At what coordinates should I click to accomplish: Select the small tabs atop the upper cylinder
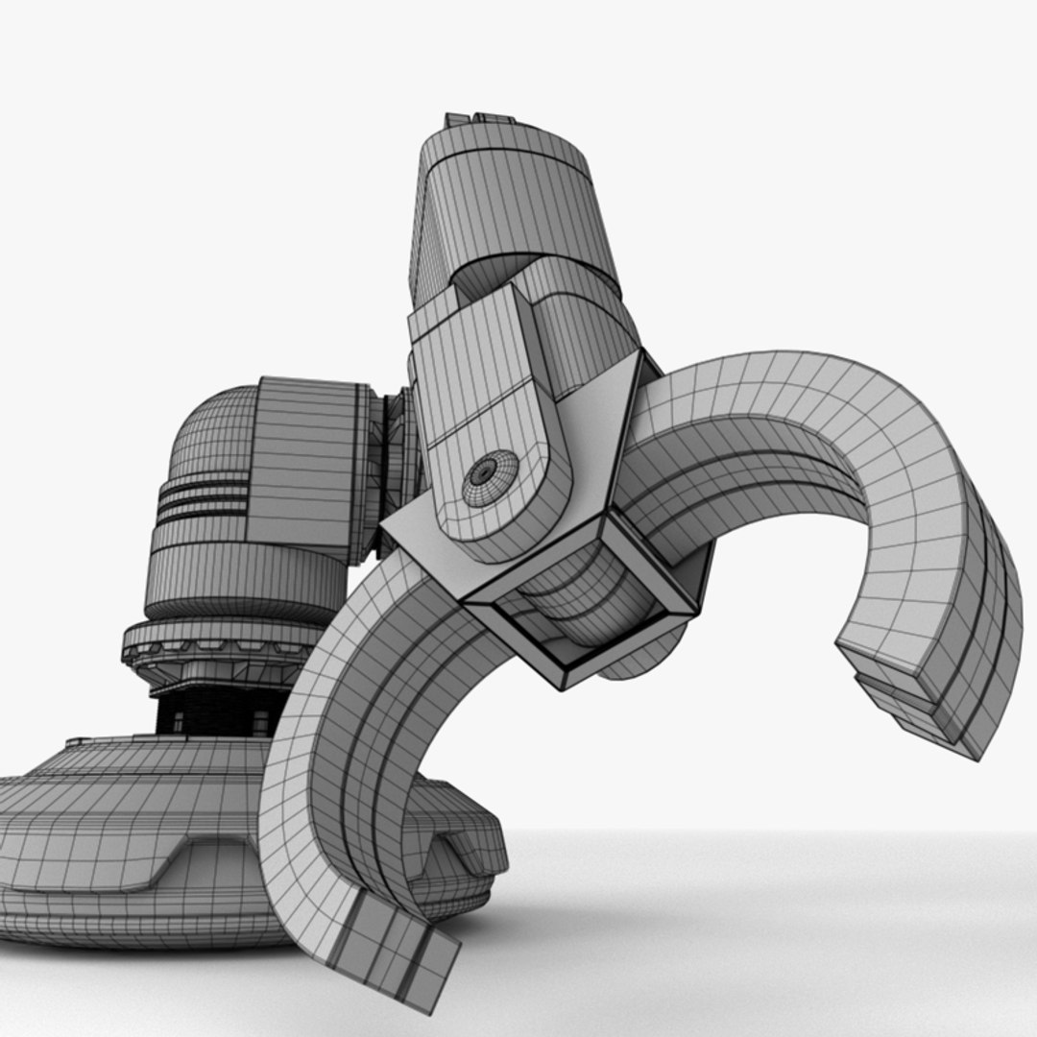coord(480,120)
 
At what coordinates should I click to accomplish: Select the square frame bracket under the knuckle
coord(586,615)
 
